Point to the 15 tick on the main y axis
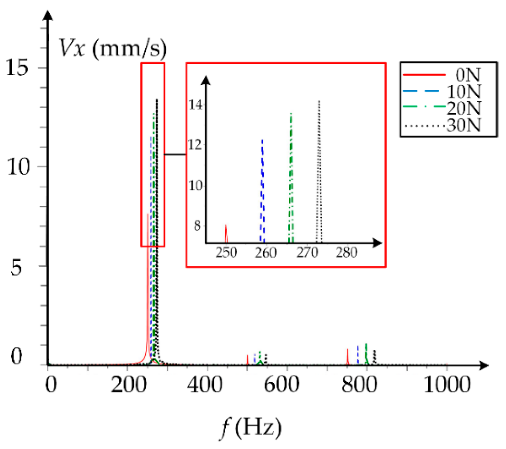pos(17,67)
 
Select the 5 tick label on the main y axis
pos(16,267)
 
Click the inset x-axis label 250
pos(226,253)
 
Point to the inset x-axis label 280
pos(346,253)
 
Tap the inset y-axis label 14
pos(196,104)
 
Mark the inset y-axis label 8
pos(197,226)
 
